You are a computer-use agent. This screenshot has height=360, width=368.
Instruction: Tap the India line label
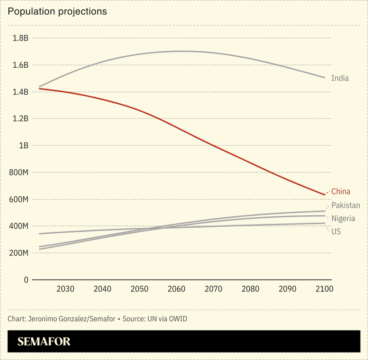(x=340, y=78)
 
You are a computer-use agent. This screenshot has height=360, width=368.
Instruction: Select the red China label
(x=341, y=191)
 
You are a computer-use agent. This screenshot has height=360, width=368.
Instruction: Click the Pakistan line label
(x=345, y=205)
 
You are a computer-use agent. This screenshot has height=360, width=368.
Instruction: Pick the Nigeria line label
(x=343, y=218)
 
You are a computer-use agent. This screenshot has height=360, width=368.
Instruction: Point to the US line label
(x=336, y=231)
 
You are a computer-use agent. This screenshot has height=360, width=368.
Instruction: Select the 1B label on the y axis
(x=23, y=145)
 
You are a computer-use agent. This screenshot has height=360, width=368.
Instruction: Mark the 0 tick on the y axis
(x=26, y=280)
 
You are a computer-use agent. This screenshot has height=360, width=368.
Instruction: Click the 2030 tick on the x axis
(x=65, y=289)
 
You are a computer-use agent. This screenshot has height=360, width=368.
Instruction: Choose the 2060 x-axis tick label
(x=176, y=289)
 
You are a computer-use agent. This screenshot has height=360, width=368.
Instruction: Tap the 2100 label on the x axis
(x=324, y=289)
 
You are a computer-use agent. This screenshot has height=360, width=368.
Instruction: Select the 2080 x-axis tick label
(x=250, y=289)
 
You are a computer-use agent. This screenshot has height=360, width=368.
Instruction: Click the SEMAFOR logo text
(x=44, y=342)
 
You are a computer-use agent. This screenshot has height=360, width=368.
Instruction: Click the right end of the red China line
(x=324, y=195)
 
